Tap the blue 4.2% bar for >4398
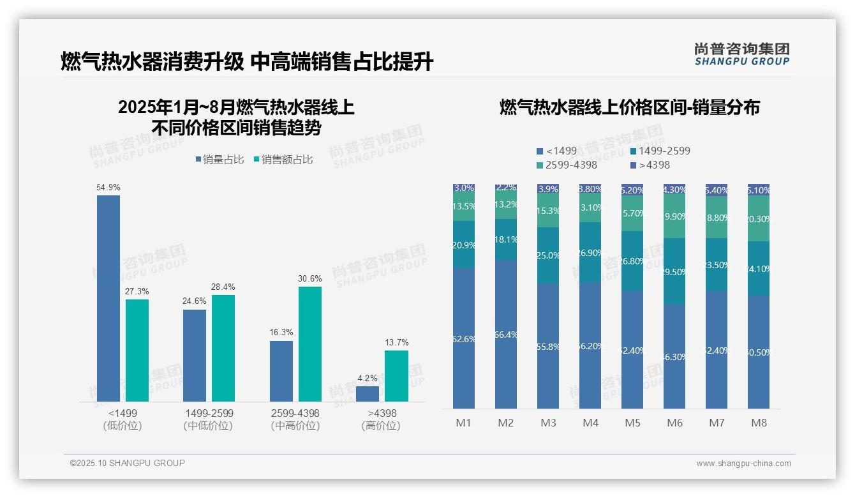[x=368, y=393]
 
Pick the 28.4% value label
[x=223, y=287]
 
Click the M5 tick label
[x=632, y=423]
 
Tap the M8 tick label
[x=759, y=423]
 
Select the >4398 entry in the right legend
[x=651, y=165]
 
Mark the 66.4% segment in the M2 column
[x=506, y=334]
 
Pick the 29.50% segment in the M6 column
[x=674, y=271]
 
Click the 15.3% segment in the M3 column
[x=548, y=211]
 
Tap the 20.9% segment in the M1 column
[x=464, y=245]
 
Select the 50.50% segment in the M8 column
[x=759, y=352]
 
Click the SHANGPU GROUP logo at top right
[x=741, y=54]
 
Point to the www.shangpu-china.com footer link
[x=743, y=464]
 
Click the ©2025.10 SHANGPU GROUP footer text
[x=128, y=463]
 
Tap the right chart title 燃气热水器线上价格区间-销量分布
[x=629, y=107]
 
